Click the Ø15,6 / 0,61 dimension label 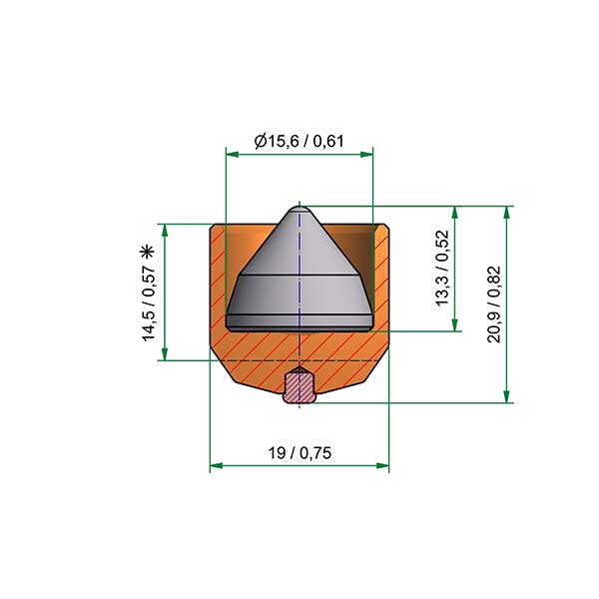[299, 142]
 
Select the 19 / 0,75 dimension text [299, 453]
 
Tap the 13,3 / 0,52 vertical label [442, 268]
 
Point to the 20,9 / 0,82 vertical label [494, 304]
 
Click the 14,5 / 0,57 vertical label [149, 302]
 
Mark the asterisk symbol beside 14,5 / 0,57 [147, 252]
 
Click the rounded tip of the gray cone [299, 209]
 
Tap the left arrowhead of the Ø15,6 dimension [233, 155]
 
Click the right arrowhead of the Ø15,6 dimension [366, 155]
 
